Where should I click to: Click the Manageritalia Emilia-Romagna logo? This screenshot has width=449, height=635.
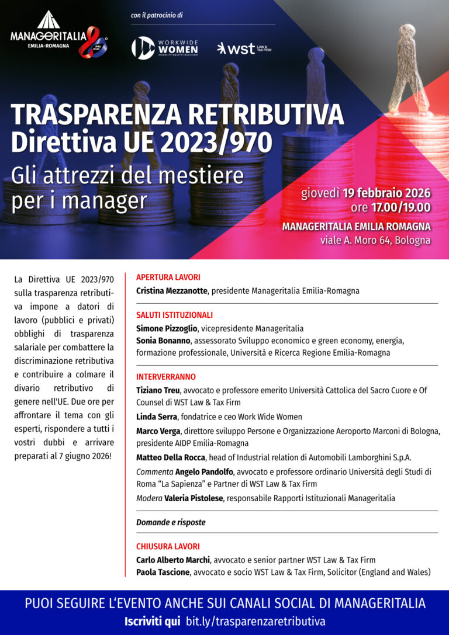58,35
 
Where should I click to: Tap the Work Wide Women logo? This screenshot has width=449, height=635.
165,48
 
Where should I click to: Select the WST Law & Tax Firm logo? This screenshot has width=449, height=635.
244,48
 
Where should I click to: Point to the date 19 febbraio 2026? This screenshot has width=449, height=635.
386,193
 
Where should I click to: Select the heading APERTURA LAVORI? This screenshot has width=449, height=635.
168,277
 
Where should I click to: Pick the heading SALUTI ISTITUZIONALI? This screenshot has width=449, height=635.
174,315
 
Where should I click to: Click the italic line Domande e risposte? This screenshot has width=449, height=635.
171,522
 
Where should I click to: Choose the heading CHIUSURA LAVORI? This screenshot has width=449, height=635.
168,547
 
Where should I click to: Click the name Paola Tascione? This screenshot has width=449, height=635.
163,572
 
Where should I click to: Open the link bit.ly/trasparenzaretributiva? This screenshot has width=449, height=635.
255,621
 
